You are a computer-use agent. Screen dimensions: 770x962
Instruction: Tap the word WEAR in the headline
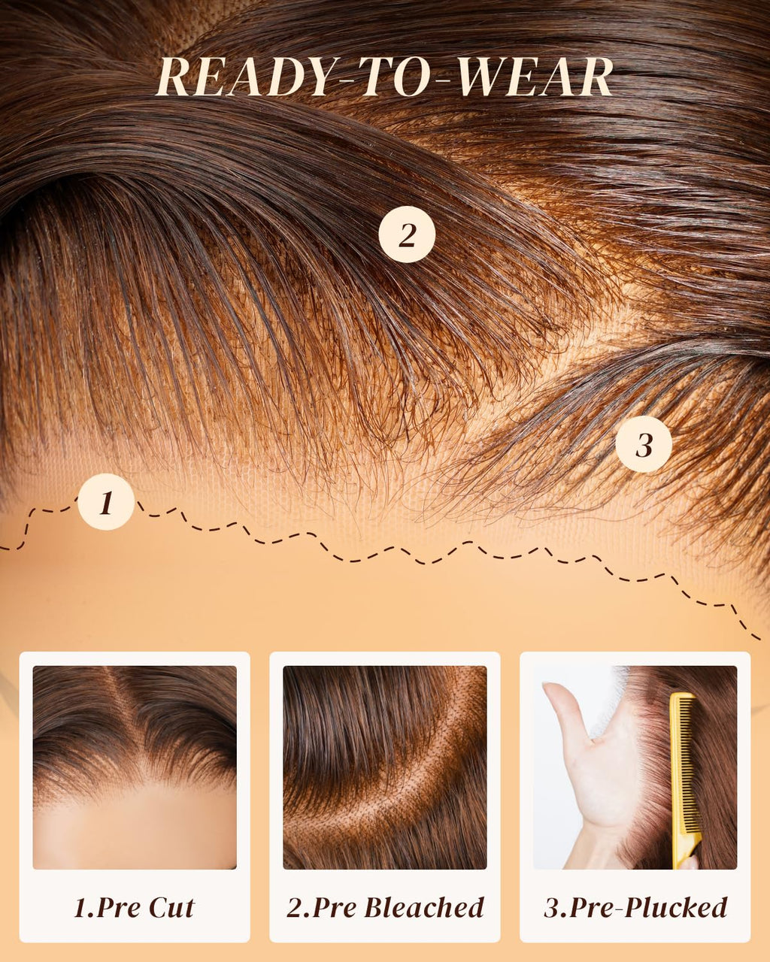coord(535,77)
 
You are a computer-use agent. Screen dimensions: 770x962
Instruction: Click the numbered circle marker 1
coord(106,501)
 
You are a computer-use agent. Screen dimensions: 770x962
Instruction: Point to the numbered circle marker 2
coord(407,234)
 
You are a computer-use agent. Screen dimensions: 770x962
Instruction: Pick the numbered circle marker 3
coord(644,444)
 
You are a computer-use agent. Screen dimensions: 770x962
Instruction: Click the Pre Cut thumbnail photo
coord(135,767)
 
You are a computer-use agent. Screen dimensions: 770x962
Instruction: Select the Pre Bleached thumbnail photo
coord(385,767)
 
